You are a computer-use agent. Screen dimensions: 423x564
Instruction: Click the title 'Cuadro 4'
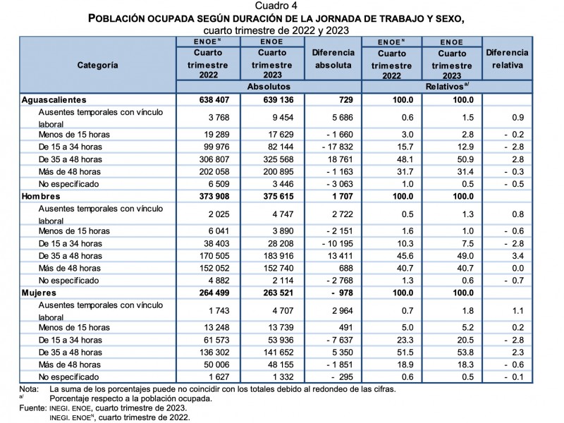tap(281, 6)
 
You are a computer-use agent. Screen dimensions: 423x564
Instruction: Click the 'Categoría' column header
tap(97, 65)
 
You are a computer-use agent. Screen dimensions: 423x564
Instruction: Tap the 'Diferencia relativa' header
tap(507, 59)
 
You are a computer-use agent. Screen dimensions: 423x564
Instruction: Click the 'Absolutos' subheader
tap(269, 86)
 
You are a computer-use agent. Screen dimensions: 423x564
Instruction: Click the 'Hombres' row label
tap(41, 196)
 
